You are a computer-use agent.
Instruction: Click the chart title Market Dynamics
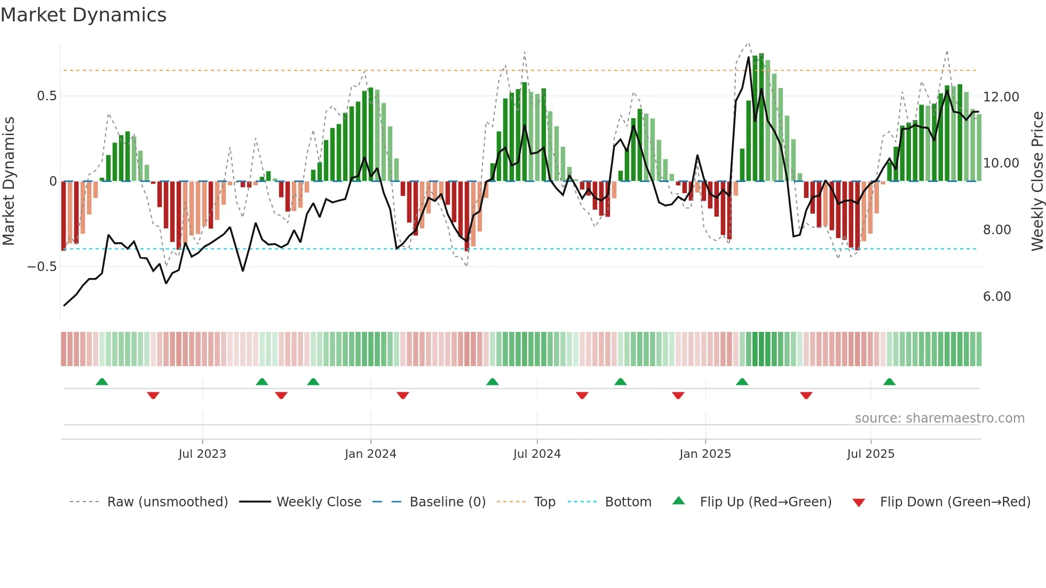click(84, 15)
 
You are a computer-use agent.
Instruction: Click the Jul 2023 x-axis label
click(202, 454)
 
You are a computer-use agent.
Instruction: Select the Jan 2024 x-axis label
click(370, 454)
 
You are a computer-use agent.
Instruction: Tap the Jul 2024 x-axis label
click(537, 454)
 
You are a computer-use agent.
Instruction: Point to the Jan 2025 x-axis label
click(705, 454)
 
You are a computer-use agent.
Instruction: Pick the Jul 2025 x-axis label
click(870, 454)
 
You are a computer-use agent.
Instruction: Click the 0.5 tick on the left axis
click(46, 96)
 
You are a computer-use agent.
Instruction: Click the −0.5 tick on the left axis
click(42, 267)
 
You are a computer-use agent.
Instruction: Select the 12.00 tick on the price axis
click(1001, 97)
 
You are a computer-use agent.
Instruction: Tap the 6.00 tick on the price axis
click(997, 297)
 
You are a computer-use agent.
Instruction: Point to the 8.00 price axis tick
click(997, 230)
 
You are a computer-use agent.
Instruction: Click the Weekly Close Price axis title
click(1037, 181)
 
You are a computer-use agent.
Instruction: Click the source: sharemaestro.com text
click(939, 418)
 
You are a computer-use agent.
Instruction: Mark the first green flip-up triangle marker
click(102, 382)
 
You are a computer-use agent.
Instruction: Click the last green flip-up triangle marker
click(889, 382)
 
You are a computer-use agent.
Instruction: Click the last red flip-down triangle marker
click(806, 395)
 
